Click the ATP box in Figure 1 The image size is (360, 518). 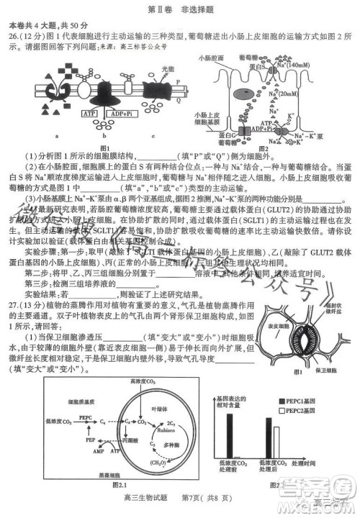coord(90,114)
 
